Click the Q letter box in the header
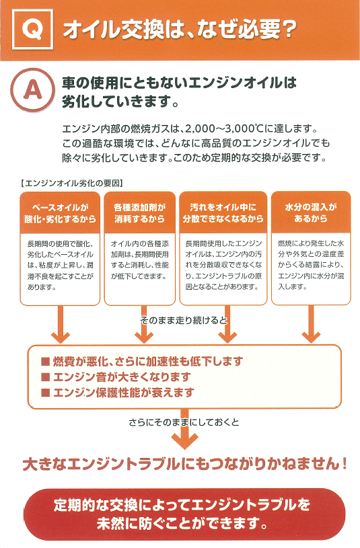tap(32, 29)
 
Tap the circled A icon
tap(32, 90)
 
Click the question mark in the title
tap(289, 30)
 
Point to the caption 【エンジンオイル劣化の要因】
tap(72, 183)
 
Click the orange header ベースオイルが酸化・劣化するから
tap(60, 213)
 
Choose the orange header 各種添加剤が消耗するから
tap(139, 213)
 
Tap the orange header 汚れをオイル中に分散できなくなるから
tap(223, 213)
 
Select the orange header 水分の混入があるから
tap(311, 213)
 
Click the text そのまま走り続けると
tap(184, 321)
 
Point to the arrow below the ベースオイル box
tap(61, 324)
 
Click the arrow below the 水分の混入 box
tap(311, 324)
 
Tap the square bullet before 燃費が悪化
tap(45, 361)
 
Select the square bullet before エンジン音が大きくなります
tap(45, 377)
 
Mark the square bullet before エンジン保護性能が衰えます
tap(45, 393)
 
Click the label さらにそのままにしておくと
tap(184, 422)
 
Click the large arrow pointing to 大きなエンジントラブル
tap(185, 429)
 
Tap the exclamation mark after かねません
tap(344, 464)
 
